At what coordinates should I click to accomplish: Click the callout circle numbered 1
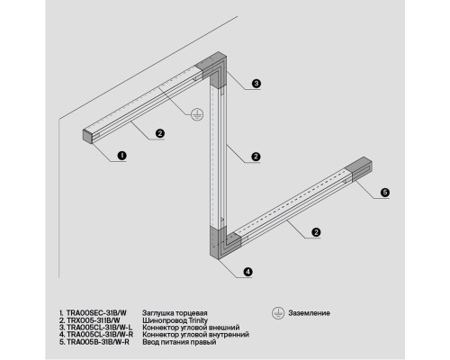point(121,156)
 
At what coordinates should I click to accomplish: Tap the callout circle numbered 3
point(256,84)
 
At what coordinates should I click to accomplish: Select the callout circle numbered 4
point(247,272)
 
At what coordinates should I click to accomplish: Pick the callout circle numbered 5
point(385,193)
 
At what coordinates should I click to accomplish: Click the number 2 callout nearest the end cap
point(160,133)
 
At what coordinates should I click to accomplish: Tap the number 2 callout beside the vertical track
point(256,157)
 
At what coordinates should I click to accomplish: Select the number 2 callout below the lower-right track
point(316,232)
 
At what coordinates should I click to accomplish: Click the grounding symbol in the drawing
point(197,114)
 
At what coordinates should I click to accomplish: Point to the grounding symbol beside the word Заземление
point(278,313)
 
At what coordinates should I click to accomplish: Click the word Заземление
point(310,313)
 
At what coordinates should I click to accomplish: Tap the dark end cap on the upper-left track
point(87,136)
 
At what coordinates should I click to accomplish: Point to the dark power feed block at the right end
point(359,168)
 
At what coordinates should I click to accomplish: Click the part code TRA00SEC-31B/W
point(96,313)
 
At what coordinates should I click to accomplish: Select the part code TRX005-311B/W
point(94,320)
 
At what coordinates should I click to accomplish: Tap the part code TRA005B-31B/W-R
point(98,342)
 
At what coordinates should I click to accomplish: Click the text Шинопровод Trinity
point(175,320)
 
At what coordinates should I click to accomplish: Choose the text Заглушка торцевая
point(175,313)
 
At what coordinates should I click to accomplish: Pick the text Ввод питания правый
point(179,342)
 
